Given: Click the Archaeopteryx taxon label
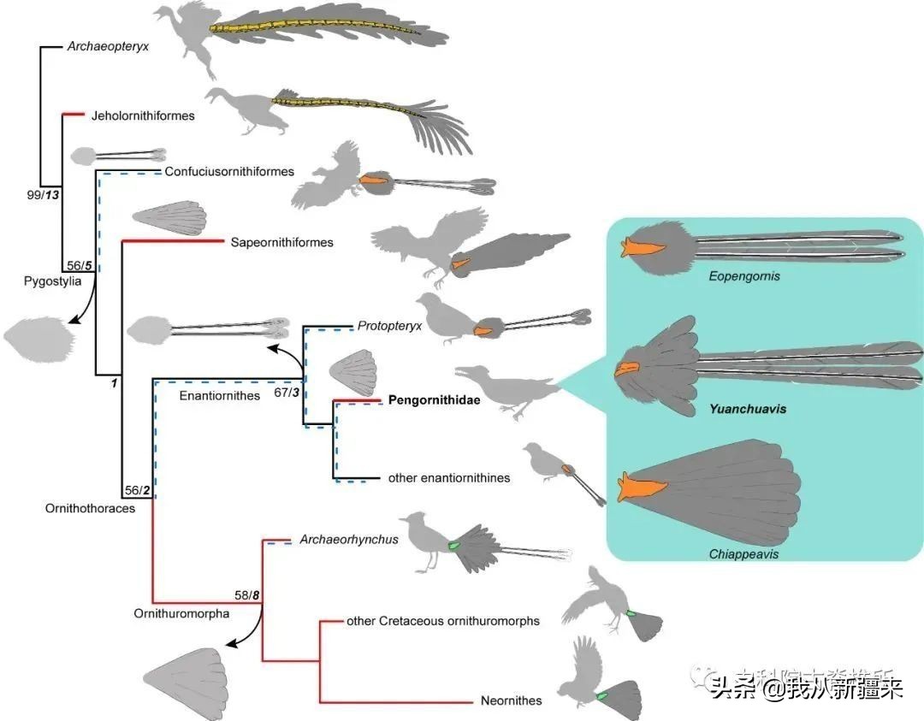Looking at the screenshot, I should (x=108, y=47).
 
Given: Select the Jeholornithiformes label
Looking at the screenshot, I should (x=143, y=115).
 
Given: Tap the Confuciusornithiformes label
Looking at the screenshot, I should (x=229, y=172).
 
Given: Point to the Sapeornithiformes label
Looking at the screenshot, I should (x=281, y=243).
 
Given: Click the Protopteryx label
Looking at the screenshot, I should (x=390, y=326).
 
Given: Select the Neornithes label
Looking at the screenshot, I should (x=511, y=701).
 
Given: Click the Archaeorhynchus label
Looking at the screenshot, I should (x=349, y=540).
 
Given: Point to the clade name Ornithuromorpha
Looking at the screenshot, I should (x=181, y=613).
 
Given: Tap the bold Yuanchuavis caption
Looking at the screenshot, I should (x=747, y=409).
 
